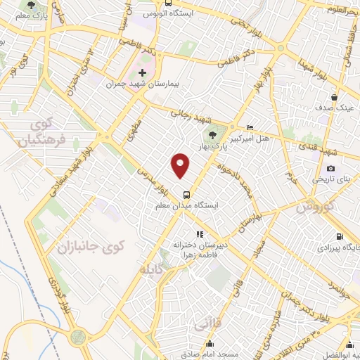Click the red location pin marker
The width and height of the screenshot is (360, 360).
point(181,166)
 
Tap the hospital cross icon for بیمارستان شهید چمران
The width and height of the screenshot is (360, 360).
point(142,72)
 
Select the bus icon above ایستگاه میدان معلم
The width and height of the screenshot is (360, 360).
point(186,195)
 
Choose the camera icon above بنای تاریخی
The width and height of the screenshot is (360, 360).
point(330,168)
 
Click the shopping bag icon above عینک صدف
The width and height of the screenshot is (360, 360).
point(335,98)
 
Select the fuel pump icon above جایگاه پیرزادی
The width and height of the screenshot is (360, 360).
point(340,236)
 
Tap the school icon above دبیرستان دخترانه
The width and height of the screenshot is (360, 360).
point(200,233)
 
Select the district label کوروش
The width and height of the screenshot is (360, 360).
point(314,207)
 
